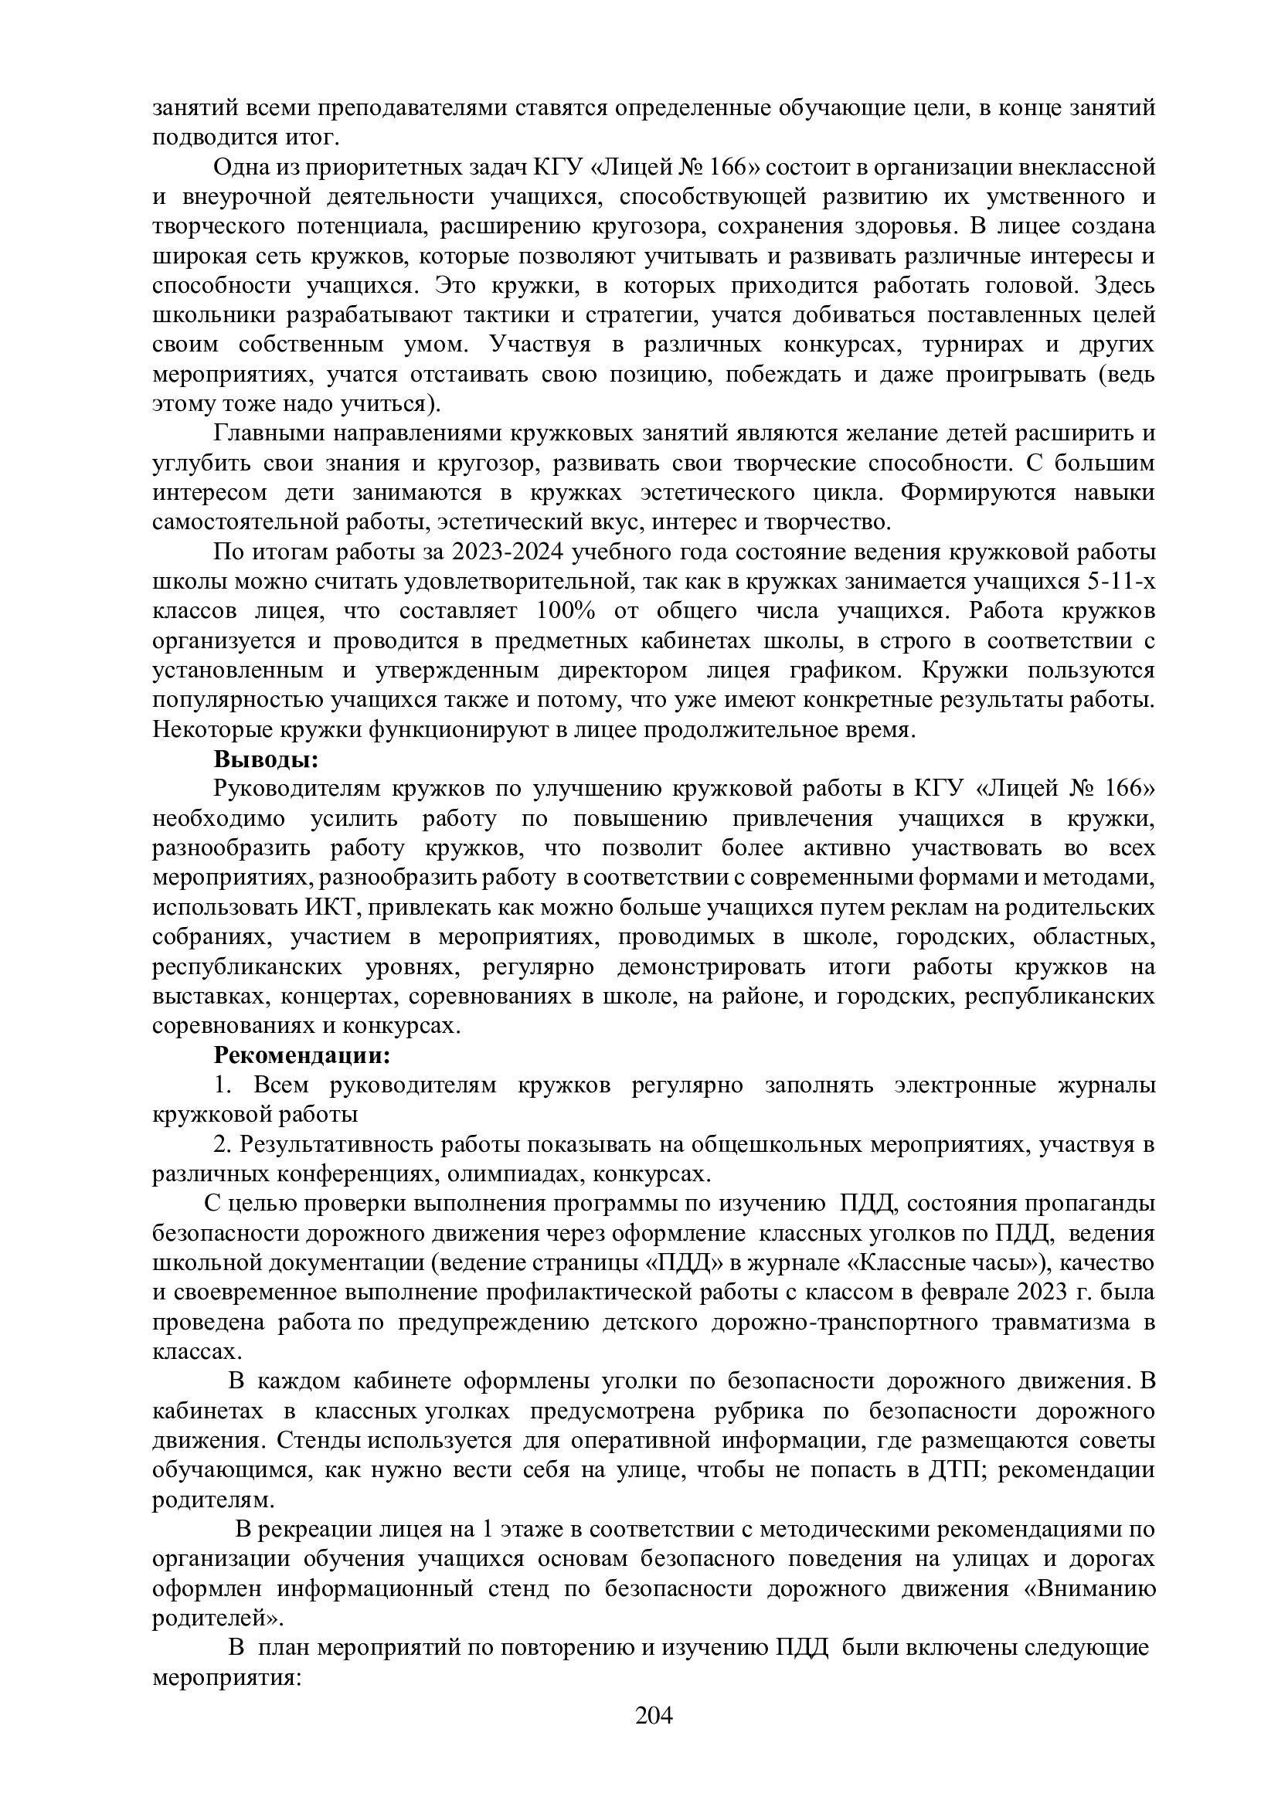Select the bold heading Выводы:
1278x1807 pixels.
coord(266,760)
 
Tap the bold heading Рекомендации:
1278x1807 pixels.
coord(302,1055)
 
